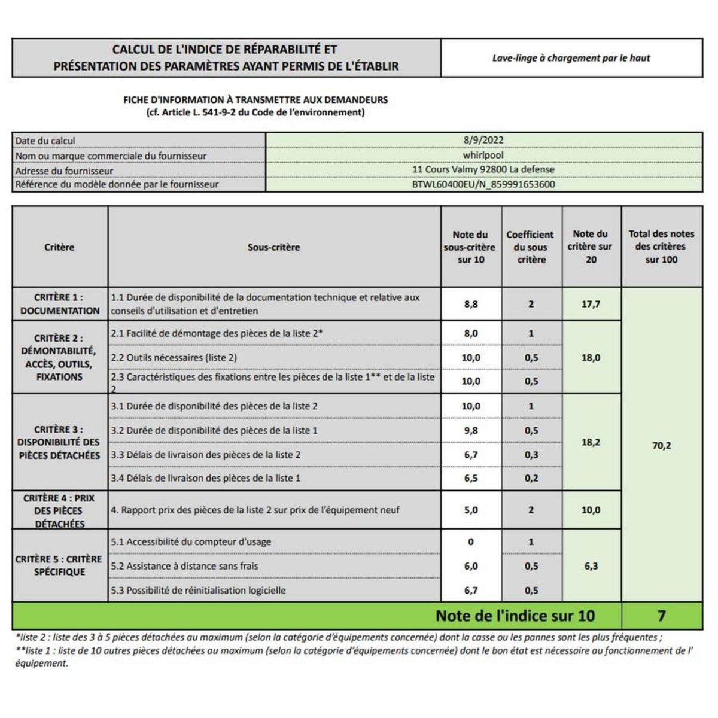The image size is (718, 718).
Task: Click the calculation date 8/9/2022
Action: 483,140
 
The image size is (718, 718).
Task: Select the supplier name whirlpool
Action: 483,155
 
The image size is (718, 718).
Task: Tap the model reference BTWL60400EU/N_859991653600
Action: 483,184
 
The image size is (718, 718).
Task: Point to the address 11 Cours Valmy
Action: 483,169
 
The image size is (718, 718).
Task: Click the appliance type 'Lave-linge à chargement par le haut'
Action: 571,58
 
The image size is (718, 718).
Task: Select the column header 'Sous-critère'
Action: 274,247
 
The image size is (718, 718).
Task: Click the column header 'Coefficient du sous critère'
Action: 531,247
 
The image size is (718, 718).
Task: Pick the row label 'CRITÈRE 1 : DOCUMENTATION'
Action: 60,304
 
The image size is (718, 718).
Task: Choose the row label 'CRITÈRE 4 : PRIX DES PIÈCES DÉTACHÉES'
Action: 59,510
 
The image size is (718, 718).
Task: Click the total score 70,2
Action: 662,445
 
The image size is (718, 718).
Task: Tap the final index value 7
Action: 662,616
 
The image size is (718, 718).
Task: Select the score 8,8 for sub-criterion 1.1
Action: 471,304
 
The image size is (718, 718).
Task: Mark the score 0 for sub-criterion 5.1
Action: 471,541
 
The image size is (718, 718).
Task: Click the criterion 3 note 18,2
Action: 591,442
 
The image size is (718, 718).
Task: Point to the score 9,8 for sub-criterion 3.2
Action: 471,430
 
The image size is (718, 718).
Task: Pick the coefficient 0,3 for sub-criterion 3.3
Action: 531,455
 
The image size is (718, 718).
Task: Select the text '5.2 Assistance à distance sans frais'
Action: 184,566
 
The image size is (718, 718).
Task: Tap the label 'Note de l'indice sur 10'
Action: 515,616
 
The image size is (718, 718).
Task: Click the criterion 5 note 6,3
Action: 591,566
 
